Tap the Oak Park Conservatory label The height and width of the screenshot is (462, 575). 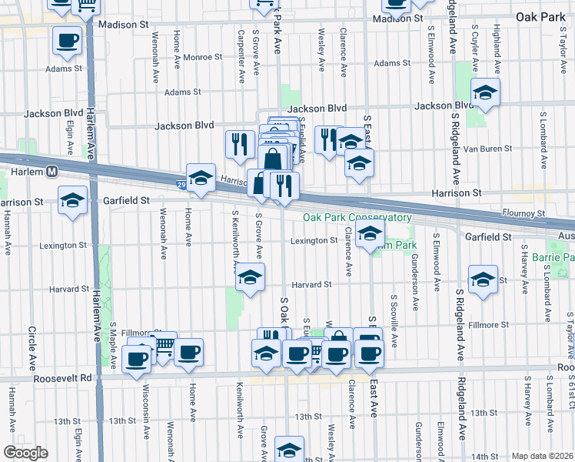(357, 218)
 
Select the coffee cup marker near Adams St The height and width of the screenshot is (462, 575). (67, 40)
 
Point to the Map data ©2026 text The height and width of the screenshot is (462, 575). (541, 456)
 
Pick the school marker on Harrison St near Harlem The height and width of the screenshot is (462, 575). (73, 201)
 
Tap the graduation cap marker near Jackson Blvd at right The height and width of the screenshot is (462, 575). (485, 93)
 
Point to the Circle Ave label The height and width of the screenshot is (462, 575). (33, 347)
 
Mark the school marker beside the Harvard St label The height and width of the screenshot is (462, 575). (250, 278)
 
